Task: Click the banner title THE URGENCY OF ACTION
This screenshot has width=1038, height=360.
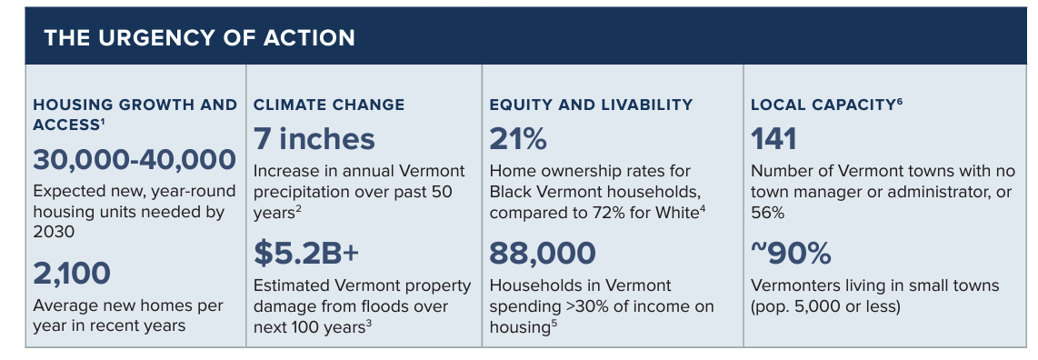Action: click(199, 37)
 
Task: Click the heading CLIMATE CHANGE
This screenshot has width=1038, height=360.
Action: click(329, 105)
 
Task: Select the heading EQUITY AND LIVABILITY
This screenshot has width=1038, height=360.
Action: click(591, 105)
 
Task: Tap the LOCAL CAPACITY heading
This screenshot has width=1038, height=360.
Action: click(823, 105)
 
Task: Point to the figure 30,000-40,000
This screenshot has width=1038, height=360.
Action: click(135, 159)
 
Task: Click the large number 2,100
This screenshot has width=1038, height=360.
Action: click(72, 274)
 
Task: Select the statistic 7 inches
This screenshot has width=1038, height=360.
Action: click(314, 139)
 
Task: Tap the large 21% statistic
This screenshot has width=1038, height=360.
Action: click(518, 139)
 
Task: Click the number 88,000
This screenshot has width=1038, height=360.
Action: click(543, 253)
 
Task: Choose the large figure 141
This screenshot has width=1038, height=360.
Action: click(774, 139)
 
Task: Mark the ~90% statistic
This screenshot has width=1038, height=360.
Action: click(791, 253)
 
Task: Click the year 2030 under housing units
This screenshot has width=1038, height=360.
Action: click(54, 233)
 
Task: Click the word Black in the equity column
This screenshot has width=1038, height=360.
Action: click(511, 193)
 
